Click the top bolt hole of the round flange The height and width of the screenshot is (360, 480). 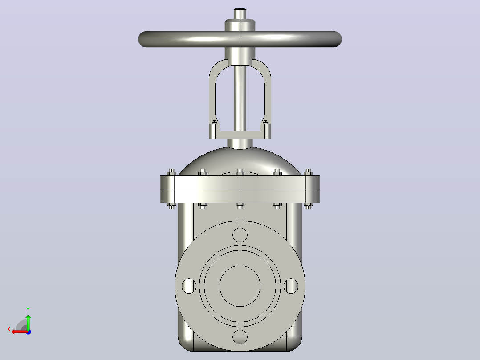240,235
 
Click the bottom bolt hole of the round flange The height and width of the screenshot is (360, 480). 240,337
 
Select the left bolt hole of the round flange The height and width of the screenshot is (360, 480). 189,286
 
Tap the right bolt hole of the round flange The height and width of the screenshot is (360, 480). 291,286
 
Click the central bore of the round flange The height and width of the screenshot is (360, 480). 240,286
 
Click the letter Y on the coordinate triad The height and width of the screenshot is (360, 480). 28,310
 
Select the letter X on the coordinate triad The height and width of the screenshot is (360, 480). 9,330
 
